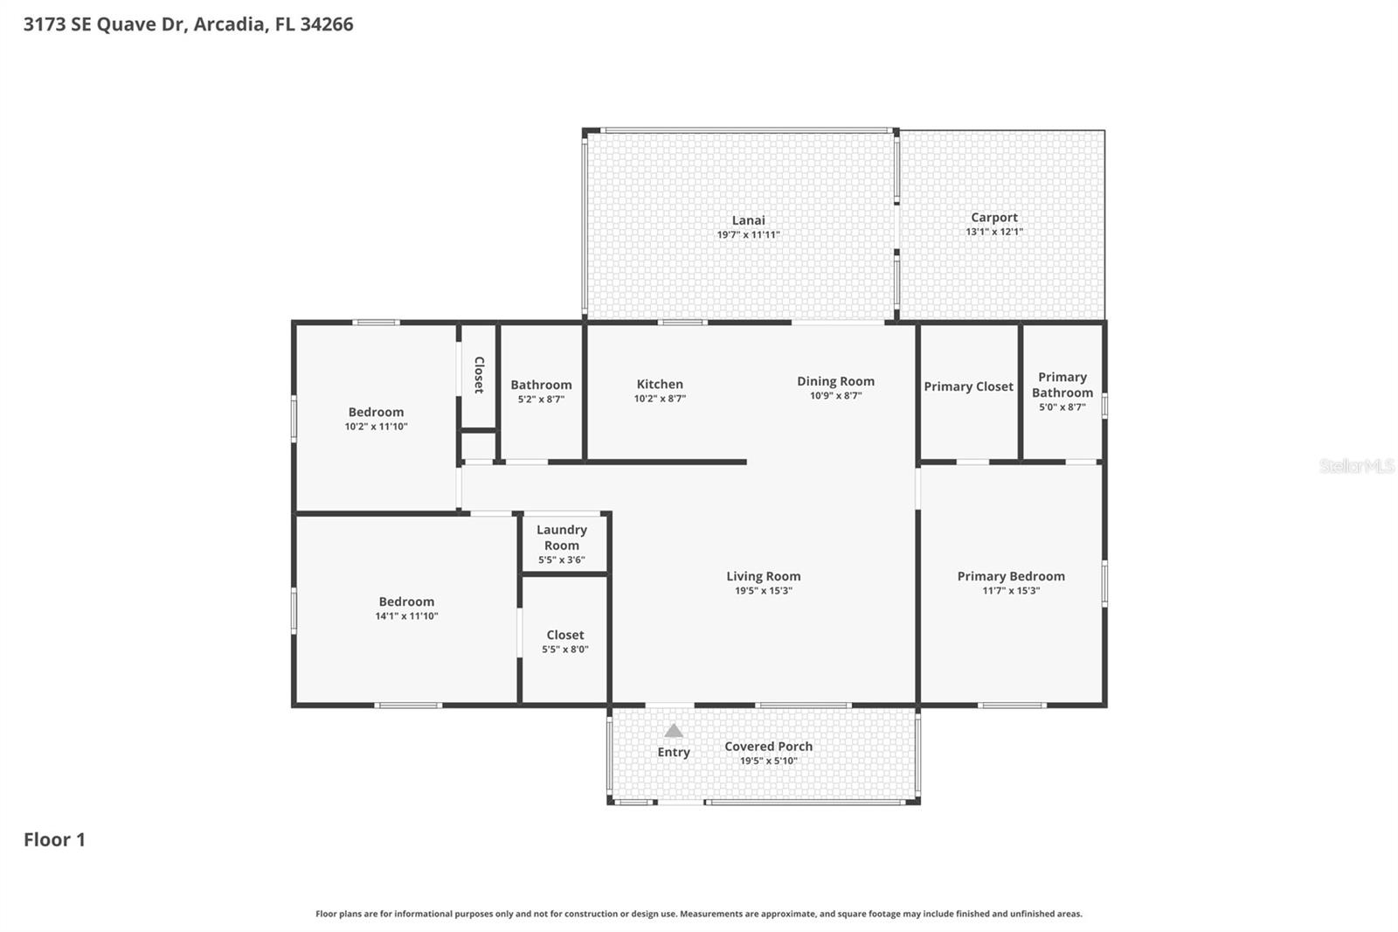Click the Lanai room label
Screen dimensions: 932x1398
point(748,220)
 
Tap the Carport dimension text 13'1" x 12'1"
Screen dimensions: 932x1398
point(993,232)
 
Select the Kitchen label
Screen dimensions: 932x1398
point(660,384)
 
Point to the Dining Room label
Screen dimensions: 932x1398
point(835,381)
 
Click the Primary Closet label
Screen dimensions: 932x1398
point(968,386)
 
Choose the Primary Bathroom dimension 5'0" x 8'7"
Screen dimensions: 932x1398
point(1062,407)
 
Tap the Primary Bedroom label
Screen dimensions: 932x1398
point(1011,576)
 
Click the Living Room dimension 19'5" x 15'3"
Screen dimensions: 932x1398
point(763,591)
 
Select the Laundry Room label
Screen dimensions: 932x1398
point(561,537)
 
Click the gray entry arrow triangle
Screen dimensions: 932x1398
point(673,731)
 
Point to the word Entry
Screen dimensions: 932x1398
point(673,752)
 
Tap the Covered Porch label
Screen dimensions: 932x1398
point(768,746)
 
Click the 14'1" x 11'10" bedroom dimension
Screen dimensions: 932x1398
point(406,616)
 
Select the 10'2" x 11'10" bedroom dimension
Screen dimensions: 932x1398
point(376,427)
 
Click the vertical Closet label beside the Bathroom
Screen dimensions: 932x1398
point(479,374)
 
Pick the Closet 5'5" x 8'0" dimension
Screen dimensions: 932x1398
point(564,650)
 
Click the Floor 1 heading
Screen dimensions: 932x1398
point(54,839)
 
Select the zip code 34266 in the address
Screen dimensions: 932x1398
point(326,24)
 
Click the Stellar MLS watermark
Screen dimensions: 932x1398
point(1355,466)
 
